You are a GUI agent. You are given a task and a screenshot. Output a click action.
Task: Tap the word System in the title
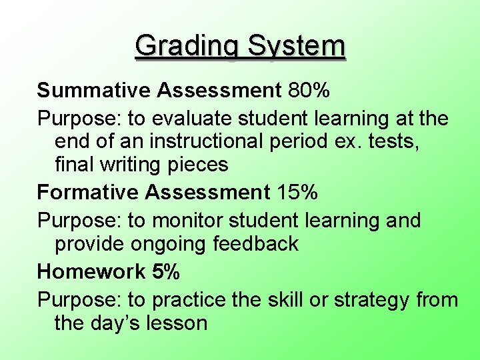pyautogui.click(x=297, y=47)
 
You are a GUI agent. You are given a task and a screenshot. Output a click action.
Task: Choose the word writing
pyautogui.click(x=129, y=164)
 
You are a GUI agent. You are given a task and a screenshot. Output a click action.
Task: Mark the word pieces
pyautogui.click(x=200, y=164)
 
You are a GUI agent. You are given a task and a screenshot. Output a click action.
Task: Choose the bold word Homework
pyautogui.click(x=91, y=271)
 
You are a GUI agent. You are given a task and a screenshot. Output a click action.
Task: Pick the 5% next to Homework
pyautogui.click(x=165, y=271)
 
